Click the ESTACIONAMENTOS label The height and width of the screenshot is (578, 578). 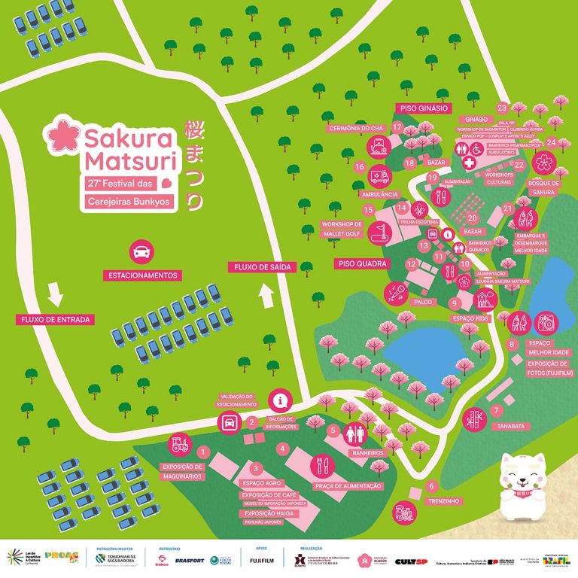[141, 275]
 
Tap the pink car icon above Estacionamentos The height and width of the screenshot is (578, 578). [140, 251]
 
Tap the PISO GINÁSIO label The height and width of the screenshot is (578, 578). [425, 108]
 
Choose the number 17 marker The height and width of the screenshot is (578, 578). [397, 128]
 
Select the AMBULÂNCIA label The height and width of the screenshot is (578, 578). [380, 194]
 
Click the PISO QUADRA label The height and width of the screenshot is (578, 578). [362, 264]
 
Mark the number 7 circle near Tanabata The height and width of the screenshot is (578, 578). [496, 411]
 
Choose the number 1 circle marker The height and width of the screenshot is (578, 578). [202, 452]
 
